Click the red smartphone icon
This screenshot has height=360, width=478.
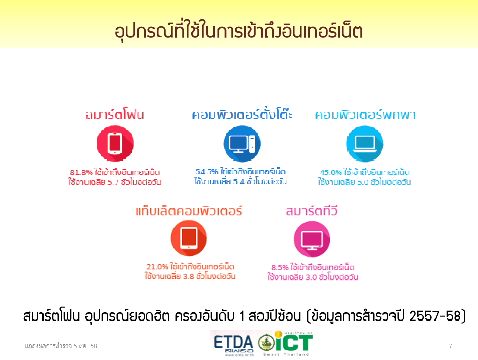point(115,143)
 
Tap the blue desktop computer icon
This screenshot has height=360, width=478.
point(242,143)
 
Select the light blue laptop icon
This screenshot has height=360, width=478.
point(365,143)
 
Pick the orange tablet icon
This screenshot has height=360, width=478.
point(189,238)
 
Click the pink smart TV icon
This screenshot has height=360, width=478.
point(312,239)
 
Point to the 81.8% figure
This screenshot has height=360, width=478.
point(81,172)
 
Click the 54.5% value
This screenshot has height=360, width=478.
point(207,172)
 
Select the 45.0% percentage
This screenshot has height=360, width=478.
point(331,172)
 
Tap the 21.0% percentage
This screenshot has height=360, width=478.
point(157,267)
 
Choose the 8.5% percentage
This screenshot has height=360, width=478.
point(280,267)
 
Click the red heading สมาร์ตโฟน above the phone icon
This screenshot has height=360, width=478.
point(115,115)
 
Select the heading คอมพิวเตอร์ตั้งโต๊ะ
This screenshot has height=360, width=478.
point(242,114)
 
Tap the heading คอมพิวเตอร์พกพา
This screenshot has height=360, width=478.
point(365,115)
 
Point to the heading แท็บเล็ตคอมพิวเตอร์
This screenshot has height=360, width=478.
point(189,211)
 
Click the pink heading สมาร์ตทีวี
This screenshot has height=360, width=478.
point(312,211)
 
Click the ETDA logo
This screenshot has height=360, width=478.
point(234,344)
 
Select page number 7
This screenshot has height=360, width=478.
point(451,346)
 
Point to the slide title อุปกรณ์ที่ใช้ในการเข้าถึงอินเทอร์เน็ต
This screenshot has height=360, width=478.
point(239,31)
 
